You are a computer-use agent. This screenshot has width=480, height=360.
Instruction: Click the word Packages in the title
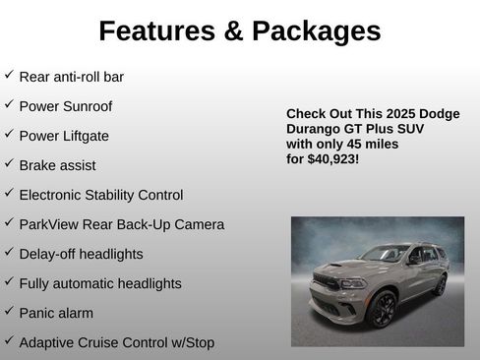point(317,31)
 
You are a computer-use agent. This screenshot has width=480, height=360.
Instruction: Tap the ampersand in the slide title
point(233,31)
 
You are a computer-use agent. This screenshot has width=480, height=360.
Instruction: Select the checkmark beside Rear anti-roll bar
point(9,76)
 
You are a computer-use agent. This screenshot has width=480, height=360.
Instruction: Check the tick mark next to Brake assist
point(9,164)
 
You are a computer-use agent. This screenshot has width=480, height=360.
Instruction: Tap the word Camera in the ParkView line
point(201,224)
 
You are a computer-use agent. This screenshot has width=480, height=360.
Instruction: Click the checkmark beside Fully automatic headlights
point(9,282)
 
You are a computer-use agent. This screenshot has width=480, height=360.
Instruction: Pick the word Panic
point(38,313)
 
